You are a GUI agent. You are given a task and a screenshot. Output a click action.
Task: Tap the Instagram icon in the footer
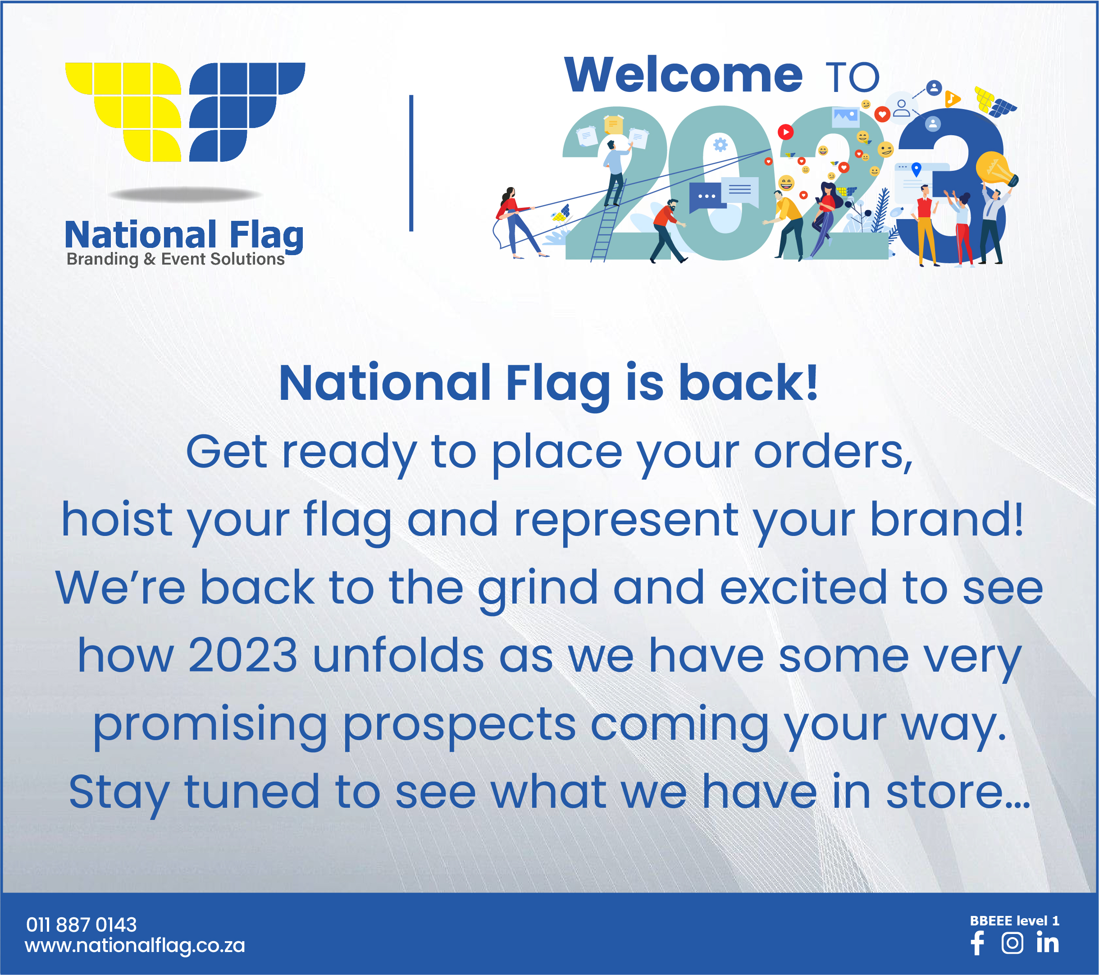tap(1012, 943)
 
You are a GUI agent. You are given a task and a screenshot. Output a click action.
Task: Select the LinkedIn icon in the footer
tap(1047, 942)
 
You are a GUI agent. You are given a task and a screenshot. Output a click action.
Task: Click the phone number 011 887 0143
tap(81, 925)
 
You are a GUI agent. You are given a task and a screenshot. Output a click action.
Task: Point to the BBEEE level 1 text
tap(1014, 921)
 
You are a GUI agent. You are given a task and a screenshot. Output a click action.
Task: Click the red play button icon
tap(785, 132)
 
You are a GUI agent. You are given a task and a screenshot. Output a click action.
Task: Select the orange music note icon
tap(952, 98)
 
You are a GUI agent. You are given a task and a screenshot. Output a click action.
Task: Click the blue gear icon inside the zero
tap(721, 145)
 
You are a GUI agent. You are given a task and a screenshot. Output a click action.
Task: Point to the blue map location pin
tap(917, 169)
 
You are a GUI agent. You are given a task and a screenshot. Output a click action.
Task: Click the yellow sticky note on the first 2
tap(613, 125)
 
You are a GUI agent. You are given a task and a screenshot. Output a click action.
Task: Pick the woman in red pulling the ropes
tap(517, 222)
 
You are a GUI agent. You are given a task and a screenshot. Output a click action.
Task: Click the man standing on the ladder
tap(615, 172)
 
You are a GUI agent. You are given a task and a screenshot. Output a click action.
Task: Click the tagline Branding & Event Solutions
tap(175, 259)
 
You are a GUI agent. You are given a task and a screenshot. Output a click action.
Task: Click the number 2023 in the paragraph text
tap(242, 655)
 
